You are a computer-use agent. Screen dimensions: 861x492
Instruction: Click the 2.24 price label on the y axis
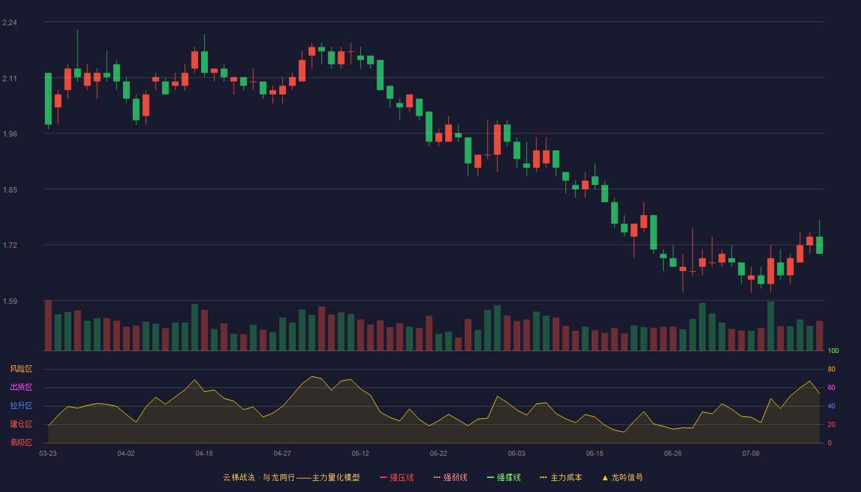(x=10, y=23)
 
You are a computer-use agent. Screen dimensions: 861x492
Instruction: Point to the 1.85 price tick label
(x=10, y=190)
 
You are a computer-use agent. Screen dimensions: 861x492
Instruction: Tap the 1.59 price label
(x=10, y=301)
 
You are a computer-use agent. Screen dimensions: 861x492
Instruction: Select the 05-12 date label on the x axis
(x=360, y=454)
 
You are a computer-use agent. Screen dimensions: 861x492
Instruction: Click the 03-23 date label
(x=48, y=454)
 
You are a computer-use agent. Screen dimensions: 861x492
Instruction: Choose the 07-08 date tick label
(x=751, y=454)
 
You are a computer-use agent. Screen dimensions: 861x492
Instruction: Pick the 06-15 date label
(x=595, y=454)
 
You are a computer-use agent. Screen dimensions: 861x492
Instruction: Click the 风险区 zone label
(x=21, y=369)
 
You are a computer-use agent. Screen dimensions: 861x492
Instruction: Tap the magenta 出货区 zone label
(x=21, y=387)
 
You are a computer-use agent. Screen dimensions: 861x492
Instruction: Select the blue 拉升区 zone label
(x=21, y=405)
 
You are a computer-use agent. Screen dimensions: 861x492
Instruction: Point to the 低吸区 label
(x=21, y=442)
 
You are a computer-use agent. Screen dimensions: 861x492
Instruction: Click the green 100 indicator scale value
(x=833, y=351)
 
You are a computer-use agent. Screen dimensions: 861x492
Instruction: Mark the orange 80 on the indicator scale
(x=831, y=369)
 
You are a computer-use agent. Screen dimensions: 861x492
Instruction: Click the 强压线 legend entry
(x=397, y=477)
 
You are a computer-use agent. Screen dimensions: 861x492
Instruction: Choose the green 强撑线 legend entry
(x=504, y=477)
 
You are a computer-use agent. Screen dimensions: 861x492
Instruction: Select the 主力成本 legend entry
(x=561, y=477)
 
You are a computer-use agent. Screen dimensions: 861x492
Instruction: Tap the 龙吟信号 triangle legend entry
(x=622, y=477)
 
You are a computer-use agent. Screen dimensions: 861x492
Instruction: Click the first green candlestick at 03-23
(x=48, y=99)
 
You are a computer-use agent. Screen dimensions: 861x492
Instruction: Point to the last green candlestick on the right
(x=819, y=245)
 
